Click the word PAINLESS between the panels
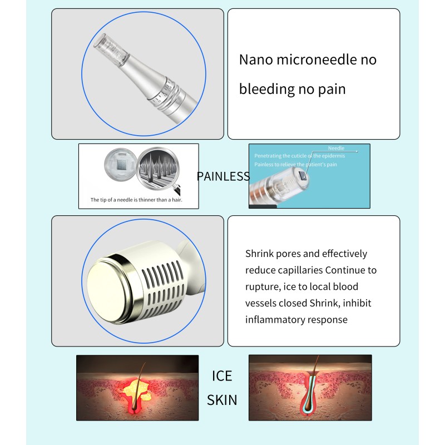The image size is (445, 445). pyautogui.click(x=223, y=176)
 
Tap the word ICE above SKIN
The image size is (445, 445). pyautogui.click(x=221, y=375)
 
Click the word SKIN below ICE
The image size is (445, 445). pyautogui.click(x=221, y=399)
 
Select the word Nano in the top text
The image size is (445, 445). pyautogui.click(x=256, y=60)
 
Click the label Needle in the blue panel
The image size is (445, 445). pyautogui.click(x=336, y=149)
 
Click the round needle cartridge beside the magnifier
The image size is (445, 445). pyautogui.click(x=121, y=166)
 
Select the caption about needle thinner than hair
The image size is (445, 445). pyautogui.click(x=137, y=199)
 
